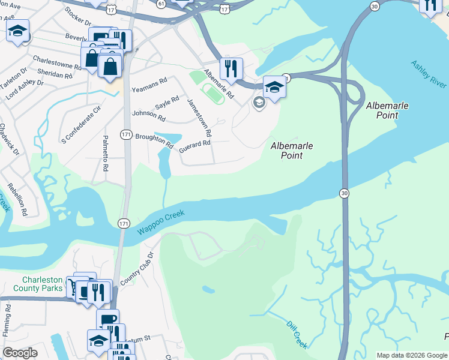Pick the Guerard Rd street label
pos(195,144)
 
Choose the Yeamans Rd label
pos(149,82)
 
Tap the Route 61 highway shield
pos(161,3)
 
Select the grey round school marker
pos(259,103)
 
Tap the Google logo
pos(20,353)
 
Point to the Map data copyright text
pos(412,355)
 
